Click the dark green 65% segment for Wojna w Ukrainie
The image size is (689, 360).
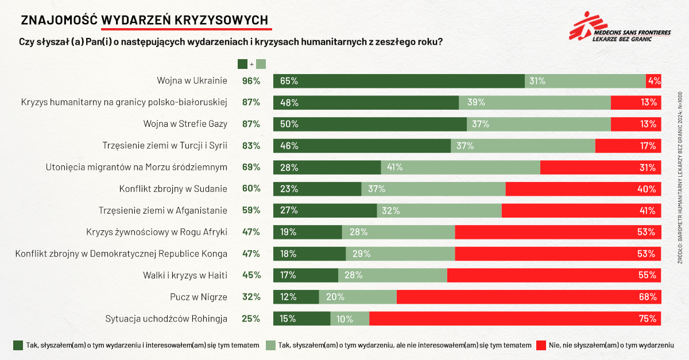click(x=398, y=81)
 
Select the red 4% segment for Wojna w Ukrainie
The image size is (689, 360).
click(x=653, y=81)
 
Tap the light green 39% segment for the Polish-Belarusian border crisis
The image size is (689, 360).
click(x=535, y=103)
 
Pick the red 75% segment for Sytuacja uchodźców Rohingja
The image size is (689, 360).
click(x=515, y=319)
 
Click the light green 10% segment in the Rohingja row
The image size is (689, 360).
click(x=350, y=319)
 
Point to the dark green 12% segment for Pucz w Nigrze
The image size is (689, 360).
click(x=296, y=297)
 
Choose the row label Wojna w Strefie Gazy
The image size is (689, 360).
click(x=185, y=124)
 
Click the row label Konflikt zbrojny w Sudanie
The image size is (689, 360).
click(x=173, y=189)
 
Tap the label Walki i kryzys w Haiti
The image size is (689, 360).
click(x=185, y=276)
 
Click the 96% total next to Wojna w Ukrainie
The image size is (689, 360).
click(x=251, y=81)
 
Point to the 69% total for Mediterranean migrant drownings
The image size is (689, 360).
click(x=251, y=168)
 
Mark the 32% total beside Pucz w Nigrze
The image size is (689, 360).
click(x=251, y=297)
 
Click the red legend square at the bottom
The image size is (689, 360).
click(x=541, y=345)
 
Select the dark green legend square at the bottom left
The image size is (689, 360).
click(x=18, y=345)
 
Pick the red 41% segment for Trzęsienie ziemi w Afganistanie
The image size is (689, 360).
click(x=581, y=211)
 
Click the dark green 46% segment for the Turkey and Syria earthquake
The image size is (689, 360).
click(x=362, y=146)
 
